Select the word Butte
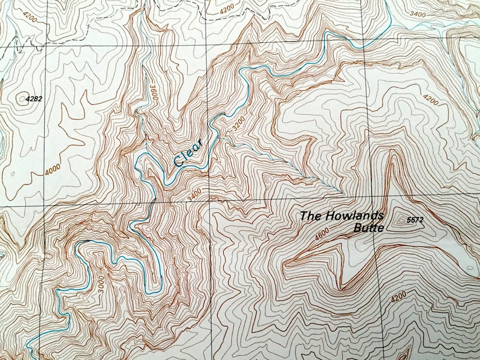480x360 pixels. [x=369, y=228]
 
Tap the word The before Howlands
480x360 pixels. [x=313, y=216]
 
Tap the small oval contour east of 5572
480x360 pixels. [x=469, y=266]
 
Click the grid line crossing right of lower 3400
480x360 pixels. [x=210, y=199]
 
